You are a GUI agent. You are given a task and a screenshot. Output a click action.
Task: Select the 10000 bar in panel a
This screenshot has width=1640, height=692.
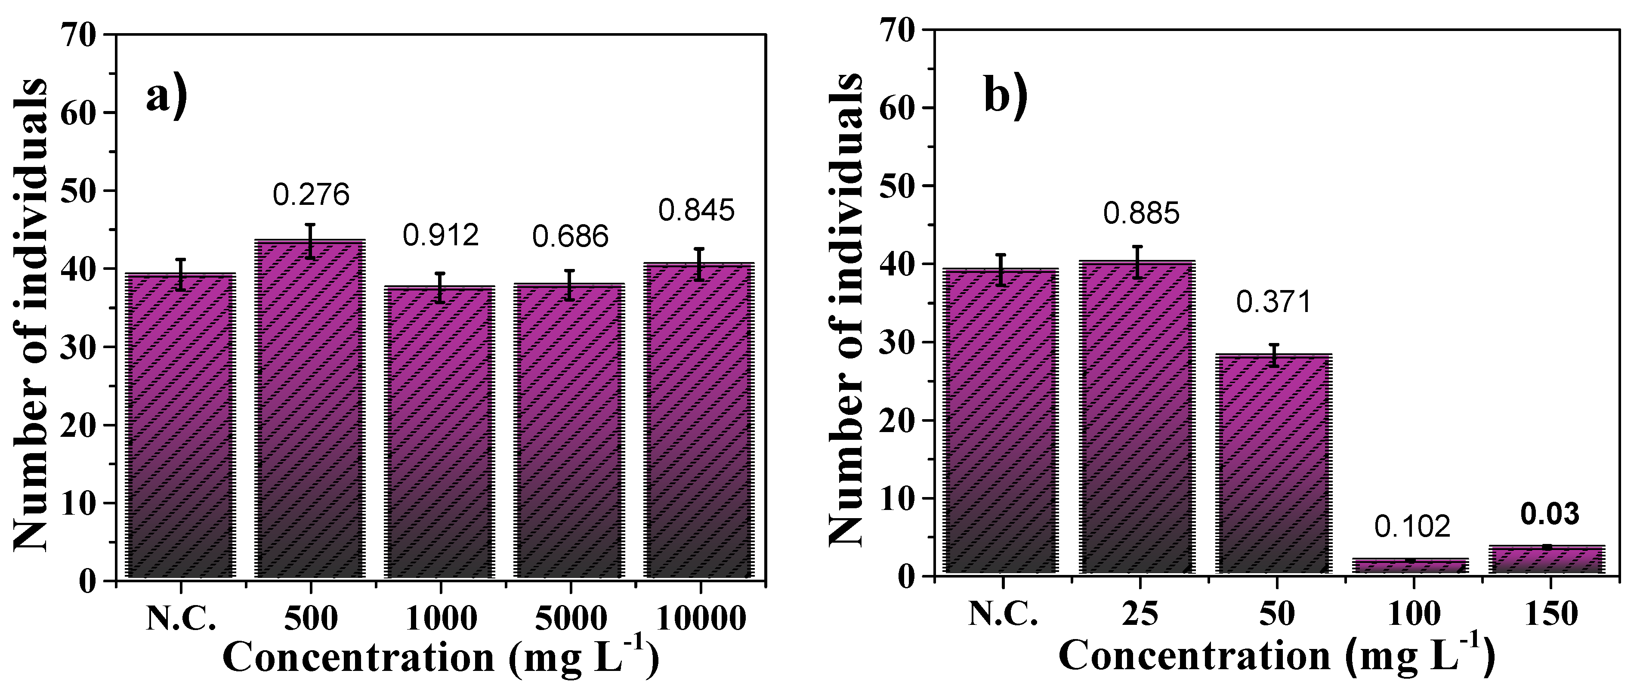[699, 420]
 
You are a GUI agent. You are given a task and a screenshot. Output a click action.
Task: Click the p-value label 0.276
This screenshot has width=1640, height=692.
[311, 195]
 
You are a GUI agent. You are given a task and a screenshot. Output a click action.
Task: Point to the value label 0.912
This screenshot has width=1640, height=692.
[441, 235]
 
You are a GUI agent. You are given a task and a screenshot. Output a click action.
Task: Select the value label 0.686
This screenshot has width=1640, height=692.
[571, 237]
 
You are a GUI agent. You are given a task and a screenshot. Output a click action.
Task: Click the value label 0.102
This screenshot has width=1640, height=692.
[1412, 526]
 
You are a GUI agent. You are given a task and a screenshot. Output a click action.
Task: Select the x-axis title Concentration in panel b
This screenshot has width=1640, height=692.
[1194, 656]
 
